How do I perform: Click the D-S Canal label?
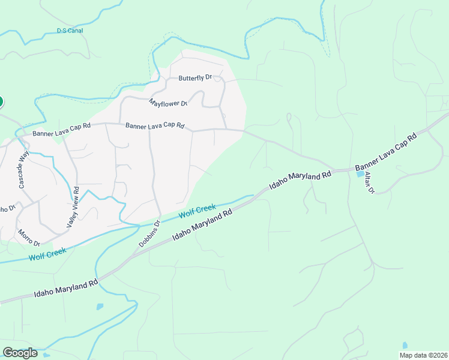tap(70, 30)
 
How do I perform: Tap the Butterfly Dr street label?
tap(196, 78)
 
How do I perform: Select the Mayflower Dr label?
tap(168, 103)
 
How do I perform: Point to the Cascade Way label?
tap(23, 169)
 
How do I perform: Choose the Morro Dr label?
tap(28, 238)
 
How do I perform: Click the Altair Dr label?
tap(369, 182)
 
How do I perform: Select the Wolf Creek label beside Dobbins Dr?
tap(197, 211)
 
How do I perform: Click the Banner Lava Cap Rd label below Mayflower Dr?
tap(154, 126)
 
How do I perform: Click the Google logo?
tap(20, 352)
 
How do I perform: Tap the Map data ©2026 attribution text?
tap(423, 355)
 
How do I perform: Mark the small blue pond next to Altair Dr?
tap(360, 174)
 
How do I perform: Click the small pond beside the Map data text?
tap(405, 345)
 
